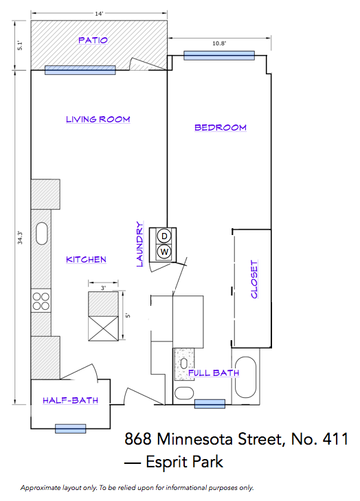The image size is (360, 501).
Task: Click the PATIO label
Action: tap(93, 41)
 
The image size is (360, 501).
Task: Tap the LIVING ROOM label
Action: tap(98, 119)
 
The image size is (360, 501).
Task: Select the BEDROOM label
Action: tap(221, 128)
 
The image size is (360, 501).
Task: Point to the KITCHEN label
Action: tap(86, 260)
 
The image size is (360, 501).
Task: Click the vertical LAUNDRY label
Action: tap(140, 244)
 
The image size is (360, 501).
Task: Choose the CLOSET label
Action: tap(254, 279)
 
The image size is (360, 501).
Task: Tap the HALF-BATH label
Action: tap(70, 401)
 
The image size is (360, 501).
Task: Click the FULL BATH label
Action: tap(214, 373)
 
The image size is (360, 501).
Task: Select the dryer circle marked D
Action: tap(164, 236)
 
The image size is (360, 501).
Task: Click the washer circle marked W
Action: tap(164, 252)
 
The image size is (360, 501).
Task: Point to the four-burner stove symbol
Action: tap(41, 301)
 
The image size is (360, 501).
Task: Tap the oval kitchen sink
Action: tap(42, 234)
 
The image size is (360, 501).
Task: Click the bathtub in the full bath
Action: tap(246, 377)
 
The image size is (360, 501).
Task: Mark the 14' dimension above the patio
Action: tap(99, 14)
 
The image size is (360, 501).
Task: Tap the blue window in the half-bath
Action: tap(70, 429)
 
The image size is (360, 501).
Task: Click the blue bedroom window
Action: tap(219, 56)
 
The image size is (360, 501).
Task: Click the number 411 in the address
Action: tap(335, 438)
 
